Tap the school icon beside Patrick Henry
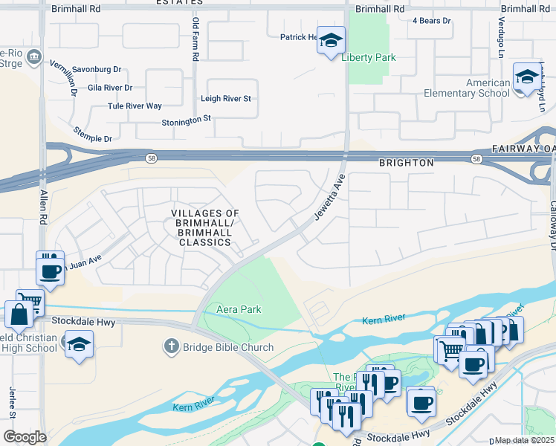(x=332, y=39)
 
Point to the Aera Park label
(x=239, y=309)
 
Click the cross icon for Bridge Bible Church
(x=171, y=346)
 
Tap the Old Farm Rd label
(x=195, y=39)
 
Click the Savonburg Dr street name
(x=97, y=69)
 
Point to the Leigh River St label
(x=226, y=98)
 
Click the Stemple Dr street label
(x=92, y=134)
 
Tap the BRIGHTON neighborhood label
(x=406, y=163)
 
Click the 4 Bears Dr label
(x=432, y=21)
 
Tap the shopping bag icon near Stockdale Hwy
(x=18, y=314)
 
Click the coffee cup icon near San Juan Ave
(x=50, y=270)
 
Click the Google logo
(x=24, y=437)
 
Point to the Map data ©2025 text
(x=525, y=440)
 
